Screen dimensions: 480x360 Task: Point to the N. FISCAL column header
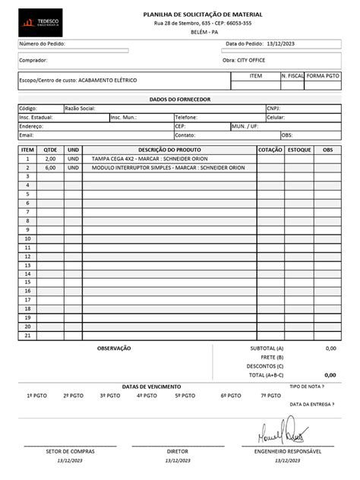pos(292,77)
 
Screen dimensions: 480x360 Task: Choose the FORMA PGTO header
pos(324,77)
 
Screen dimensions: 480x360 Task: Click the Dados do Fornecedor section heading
pos(179,100)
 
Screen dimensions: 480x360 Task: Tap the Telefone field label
pos(186,118)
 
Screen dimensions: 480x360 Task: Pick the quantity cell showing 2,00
pos(50,159)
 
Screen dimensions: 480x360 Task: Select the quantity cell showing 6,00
pos(50,168)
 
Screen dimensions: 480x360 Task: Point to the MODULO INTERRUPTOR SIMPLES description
pos(168,168)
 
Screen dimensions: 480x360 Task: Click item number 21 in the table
pos(27,334)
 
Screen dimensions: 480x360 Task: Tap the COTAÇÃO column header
pos(270,150)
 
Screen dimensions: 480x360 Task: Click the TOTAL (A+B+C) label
pos(266,374)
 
